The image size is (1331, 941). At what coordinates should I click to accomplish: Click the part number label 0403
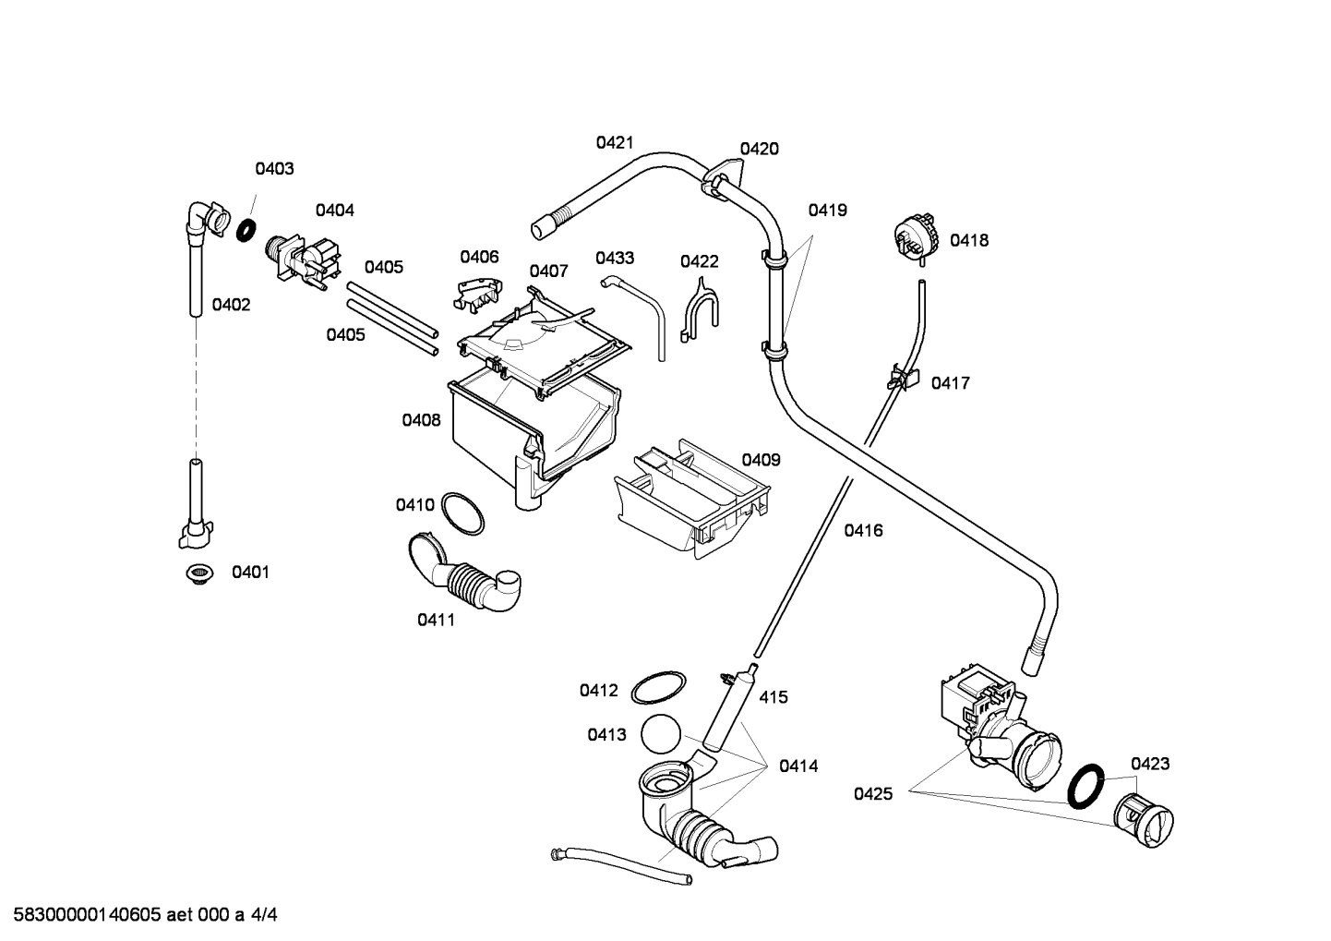pos(274,169)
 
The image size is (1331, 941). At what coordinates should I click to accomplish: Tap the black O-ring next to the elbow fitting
pos(246,230)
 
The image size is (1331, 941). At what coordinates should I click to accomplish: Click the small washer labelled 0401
pos(198,574)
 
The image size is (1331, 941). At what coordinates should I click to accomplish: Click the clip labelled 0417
pos(904,377)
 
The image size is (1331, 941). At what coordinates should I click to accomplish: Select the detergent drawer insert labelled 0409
pos(692,500)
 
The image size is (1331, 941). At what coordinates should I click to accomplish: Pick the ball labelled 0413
pos(659,734)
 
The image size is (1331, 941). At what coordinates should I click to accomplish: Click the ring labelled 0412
pos(658,689)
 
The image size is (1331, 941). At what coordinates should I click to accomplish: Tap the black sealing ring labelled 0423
pos(1086,784)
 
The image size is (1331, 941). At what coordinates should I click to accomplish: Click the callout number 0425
pos(872,793)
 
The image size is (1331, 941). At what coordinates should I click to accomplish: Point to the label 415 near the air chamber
pos(773,697)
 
